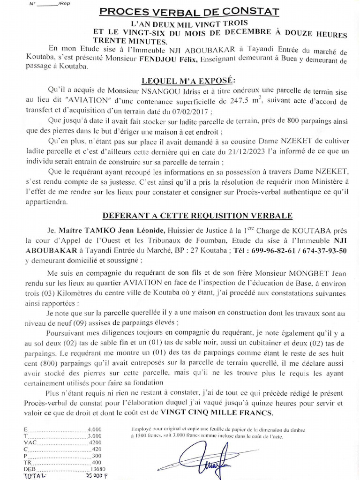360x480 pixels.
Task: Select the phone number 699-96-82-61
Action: click(x=273, y=251)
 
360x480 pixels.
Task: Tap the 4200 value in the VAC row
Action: click(x=95, y=442)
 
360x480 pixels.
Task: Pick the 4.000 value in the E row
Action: click(x=95, y=428)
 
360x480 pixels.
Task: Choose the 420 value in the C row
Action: click(x=97, y=449)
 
